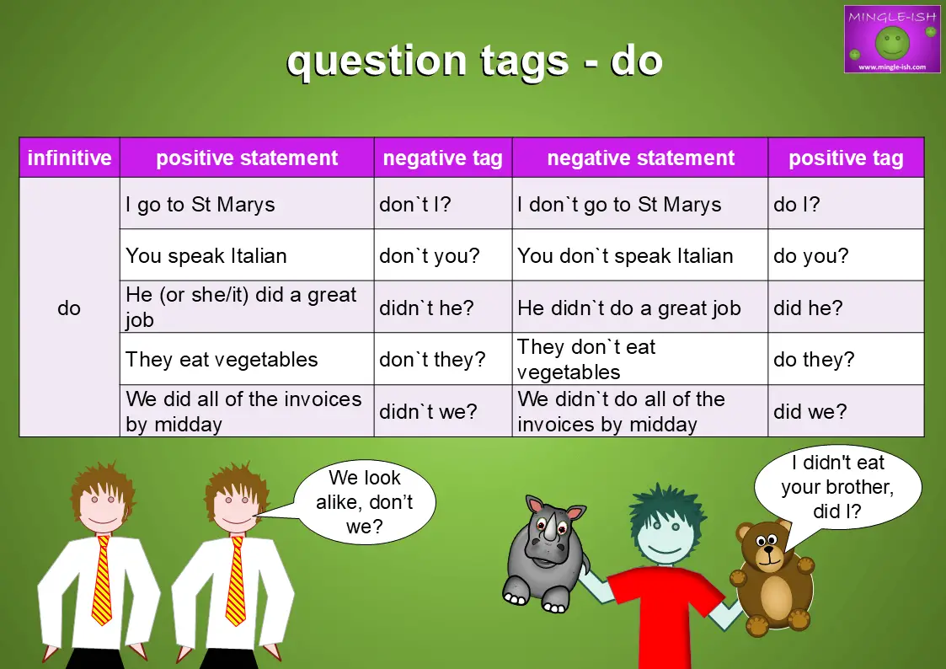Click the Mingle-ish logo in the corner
pyautogui.click(x=892, y=40)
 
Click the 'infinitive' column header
pyautogui.click(x=69, y=158)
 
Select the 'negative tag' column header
pyautogui.click(x=443, y=158)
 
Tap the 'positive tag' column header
pyautogui.click(x=846, y=158)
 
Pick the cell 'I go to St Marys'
pyautogui.click(x=247, y=204)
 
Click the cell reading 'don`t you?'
pyautogui.click(x=443, y=256)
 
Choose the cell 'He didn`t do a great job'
pyautogui.click(x=639, y=308)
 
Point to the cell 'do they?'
pyautogui.click(x=846, y=360)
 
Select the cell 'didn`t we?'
pyautogui.click(x=443, y=411)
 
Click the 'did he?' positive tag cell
pyautogui.click(x=846, y=308)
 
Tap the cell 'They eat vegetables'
pyautogui.click(x=247, y=360)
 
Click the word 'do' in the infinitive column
pyautogui.click(x=69, y=308)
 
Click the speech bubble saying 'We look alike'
pyautogui.click(x=365, y=502)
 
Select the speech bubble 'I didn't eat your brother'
pyautogui.click(x=837, y=487)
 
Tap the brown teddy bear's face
pyautogui.click(x=765, y=547)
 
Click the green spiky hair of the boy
pyautogui.click(x=666, y=510)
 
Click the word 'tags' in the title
pyautogui.click(x=524, y=62)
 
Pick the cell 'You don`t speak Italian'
pyautogui.click(x=639, y=256)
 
